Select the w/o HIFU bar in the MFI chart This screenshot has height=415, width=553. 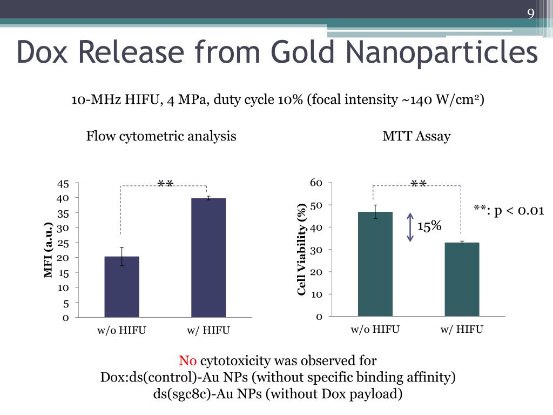122,287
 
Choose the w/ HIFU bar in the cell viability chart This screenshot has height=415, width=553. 462,279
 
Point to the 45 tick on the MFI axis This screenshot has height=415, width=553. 64,184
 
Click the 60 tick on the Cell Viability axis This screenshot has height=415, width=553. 316,183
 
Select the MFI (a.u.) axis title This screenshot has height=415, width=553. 49,250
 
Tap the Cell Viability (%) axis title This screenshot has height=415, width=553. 302,249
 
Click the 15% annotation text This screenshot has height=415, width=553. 429,226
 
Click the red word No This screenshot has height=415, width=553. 188,360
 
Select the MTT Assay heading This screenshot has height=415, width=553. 416,136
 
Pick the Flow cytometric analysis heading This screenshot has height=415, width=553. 161,136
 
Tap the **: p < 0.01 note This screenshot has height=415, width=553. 509,210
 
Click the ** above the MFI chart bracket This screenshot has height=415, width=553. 165,184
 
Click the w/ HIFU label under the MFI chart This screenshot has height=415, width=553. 208,330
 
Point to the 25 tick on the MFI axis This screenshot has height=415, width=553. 64,243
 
